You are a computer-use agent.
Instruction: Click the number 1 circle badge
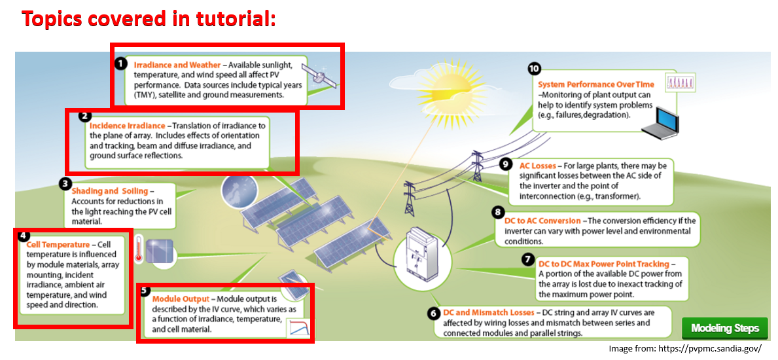tap(120, 63)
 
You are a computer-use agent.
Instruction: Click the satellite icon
tap(319, 76)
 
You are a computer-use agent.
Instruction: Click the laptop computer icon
tap(659, 122)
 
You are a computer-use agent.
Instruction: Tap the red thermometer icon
tap(139, 248)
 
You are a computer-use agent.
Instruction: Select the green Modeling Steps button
tap(725, 328)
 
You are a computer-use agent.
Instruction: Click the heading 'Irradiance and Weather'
tap(177, 65)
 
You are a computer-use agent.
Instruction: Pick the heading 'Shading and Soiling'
tap(110, 191)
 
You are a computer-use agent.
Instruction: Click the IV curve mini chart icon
tap(301, 328)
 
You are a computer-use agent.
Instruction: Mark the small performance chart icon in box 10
tap(680, 82)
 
